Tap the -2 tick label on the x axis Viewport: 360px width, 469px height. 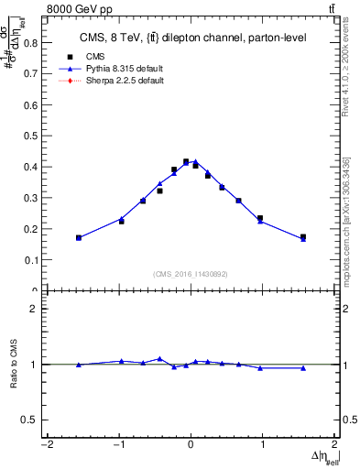point(46,446)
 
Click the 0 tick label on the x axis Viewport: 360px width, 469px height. point(191,446)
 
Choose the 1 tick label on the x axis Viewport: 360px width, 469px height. point(263,446)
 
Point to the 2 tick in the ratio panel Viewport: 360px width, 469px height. point(38,309)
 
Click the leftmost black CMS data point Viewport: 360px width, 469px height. point(79,237)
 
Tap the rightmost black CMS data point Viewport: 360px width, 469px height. point(303,236)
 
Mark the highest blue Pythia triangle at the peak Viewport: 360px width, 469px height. point(195,161)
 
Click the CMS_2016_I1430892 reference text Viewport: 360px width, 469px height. point(191,274)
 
